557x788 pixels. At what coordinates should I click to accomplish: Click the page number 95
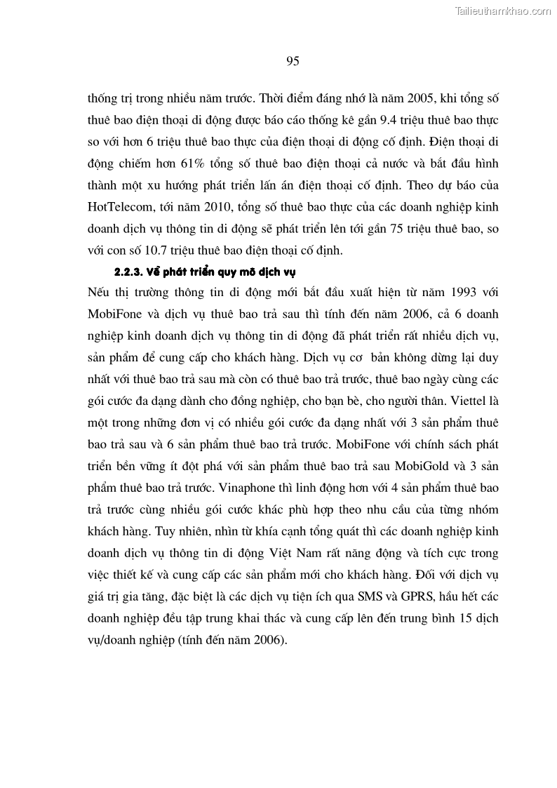(x=293, y=61)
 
